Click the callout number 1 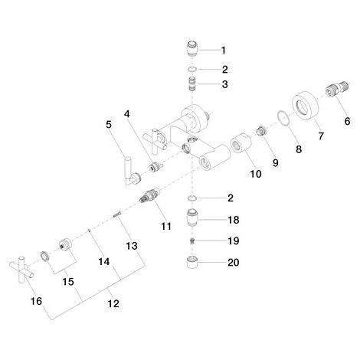[x=224, y=51]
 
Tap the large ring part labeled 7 [x=306, y=105]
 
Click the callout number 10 [x=256, y=174]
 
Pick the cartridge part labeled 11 [x=150, y=197]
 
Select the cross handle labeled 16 [x=21, y=269]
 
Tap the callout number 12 [x=113, y=303]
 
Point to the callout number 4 [x=127, y=114]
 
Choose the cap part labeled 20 [x=192, y=263]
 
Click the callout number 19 [x=234, y=241]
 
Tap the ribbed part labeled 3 [x=192, y=84]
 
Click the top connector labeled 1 [x=192, y=48]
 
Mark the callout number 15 [x=68, y=282]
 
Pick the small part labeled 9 [x=261, y=131]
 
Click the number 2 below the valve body [x=231, y=198]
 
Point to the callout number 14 [x=104, y=262]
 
